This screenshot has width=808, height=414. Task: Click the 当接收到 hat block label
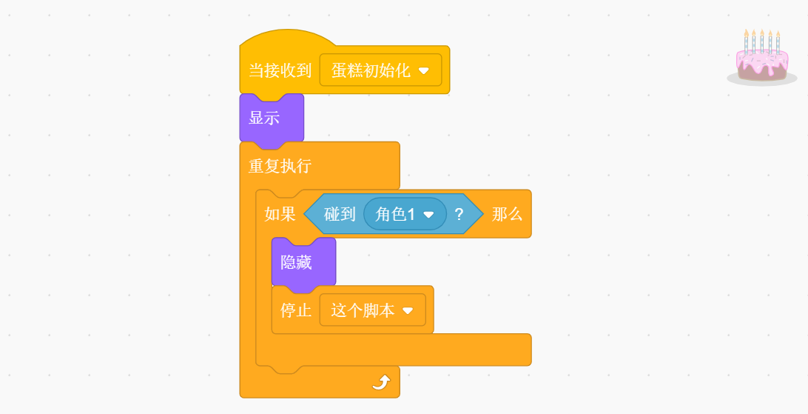[280, 70]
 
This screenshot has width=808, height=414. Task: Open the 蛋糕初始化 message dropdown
[380, 70]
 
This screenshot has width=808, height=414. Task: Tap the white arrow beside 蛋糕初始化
[424, 71]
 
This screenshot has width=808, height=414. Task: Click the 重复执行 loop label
[280, 166]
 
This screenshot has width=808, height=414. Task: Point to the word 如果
[280, 214]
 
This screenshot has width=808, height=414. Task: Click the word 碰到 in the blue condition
[340, 214]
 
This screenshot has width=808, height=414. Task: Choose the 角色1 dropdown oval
[404, 214]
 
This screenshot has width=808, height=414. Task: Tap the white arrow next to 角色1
[428, 215]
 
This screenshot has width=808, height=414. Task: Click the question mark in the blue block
[459, 214]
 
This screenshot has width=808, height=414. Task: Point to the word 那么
[507, 214]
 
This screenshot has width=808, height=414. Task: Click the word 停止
[296, 310]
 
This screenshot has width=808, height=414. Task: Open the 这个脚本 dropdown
[372, 310]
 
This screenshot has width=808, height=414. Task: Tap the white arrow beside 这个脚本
[408, 311]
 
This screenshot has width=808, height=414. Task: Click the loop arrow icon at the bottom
[380, 381]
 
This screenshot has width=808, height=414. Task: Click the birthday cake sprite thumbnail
[761, 58]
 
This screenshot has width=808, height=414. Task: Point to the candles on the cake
[761, 41]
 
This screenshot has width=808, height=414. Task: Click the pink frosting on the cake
[761, 59]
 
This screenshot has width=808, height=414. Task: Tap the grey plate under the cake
[761, 79]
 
